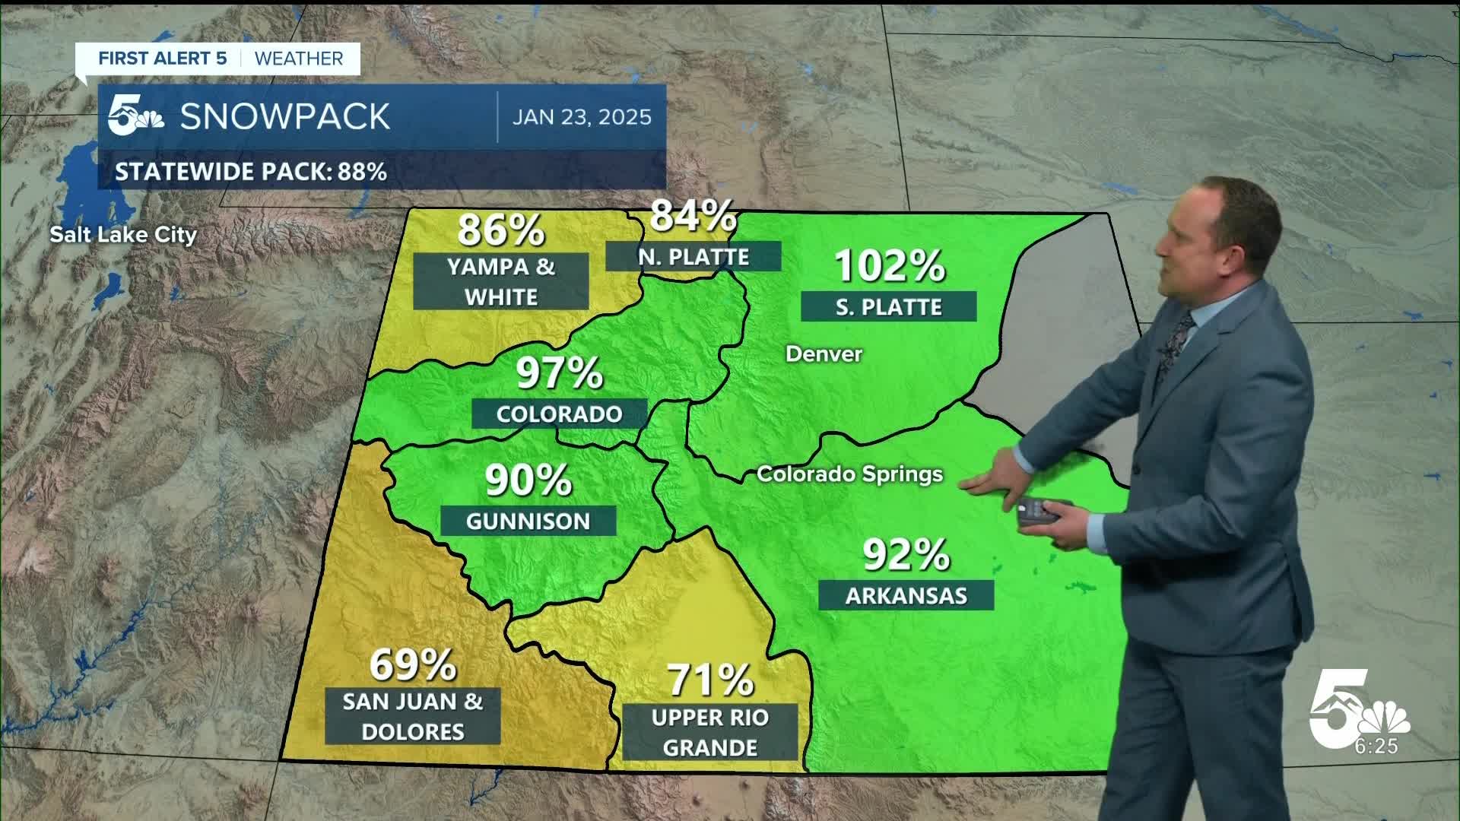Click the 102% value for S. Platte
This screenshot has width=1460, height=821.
click(x=889, y=265)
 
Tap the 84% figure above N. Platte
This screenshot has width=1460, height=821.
click(x=692, y=215)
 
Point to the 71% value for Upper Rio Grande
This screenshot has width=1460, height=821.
click(x=709, y=680)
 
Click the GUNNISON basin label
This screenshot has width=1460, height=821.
click(x=528, y=521)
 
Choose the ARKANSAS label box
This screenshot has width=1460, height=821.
click(x=906, y=595)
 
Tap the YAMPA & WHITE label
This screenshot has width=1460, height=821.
click(x=500, y=281)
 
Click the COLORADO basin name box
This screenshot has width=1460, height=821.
click(x=559, y=414)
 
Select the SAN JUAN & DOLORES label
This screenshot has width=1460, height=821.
click(x=412, y=716)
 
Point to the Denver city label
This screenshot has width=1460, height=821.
click(x=824, y=353)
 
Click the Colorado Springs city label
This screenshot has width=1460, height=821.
click(x=849, y=474)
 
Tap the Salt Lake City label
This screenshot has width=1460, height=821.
click(x=123, y=234)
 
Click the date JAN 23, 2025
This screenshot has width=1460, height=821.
click(x=582, y=117)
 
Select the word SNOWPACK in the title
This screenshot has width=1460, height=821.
click(x=285, y=117)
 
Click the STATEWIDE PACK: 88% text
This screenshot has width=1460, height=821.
click(x=251, y=172)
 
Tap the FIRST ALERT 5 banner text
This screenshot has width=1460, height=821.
click(x=163, y=59)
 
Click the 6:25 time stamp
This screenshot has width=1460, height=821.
click(x=1376, y=747)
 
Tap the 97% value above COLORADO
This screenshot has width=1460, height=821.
click(x=559, y=372)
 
